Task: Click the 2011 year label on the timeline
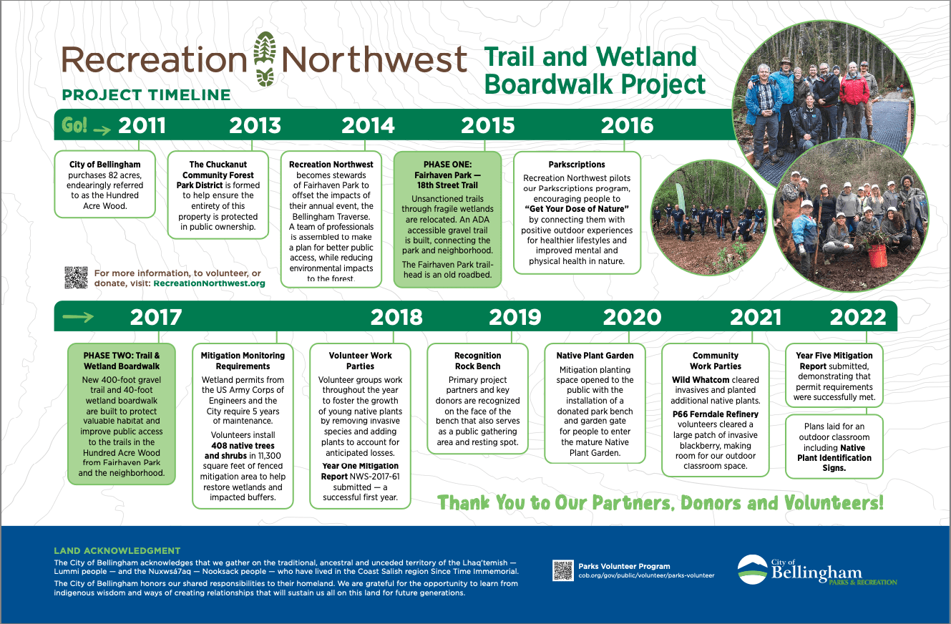[142, 125]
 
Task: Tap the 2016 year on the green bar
[627, 125]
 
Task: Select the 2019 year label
[515, 317]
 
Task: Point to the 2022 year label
[858, 317]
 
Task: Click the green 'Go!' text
[74, 125]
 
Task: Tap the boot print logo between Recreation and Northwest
[265, 59]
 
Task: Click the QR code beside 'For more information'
[76, 278]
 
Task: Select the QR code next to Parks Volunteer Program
[563, 570]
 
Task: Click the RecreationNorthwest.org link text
[209, 283]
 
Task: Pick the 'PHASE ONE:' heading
[447, 165]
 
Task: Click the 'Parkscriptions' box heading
[577, 165]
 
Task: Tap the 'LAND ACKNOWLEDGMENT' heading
[117, 550]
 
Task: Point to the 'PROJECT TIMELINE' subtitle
[147, 95]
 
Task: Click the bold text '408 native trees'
[243, 446]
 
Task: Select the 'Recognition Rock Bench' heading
[477, 361]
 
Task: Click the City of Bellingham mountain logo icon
[752, 570]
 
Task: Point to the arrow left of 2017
[78, 317]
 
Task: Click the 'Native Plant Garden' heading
[595, 356]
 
